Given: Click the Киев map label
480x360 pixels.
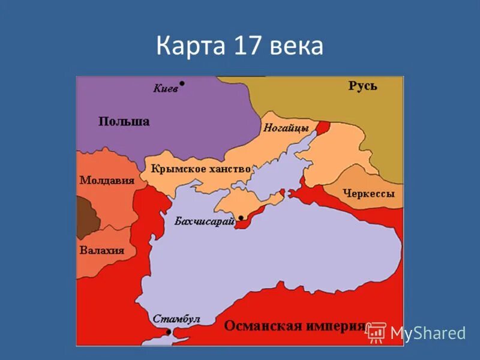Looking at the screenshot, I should (x=165, y=88).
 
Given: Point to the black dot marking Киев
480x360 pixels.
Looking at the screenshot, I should (x=182, y=84).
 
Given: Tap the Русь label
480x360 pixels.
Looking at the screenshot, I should (x=362, y=86).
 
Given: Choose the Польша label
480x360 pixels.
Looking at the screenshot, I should (x=124, y=121).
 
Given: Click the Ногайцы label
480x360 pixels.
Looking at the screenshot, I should (x=286, y=128).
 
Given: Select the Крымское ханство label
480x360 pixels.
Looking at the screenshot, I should (x=200, y=169).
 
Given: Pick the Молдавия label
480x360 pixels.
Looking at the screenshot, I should (x=106, y=180).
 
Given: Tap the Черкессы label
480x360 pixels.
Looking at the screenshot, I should (x=368, y=194).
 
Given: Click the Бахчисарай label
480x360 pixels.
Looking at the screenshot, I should (x=204, y=221).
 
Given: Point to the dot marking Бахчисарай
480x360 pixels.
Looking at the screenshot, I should (x=241, y=218).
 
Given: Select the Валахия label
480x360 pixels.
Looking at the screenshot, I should (x=101, y=250).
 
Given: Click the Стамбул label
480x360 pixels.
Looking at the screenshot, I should (x=176, y=319).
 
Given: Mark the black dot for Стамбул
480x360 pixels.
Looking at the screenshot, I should (x=169, y=332).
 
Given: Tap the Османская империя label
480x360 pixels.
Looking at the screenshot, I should (x=294, y=326).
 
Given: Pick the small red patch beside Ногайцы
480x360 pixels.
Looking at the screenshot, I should (x=323, y=127).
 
